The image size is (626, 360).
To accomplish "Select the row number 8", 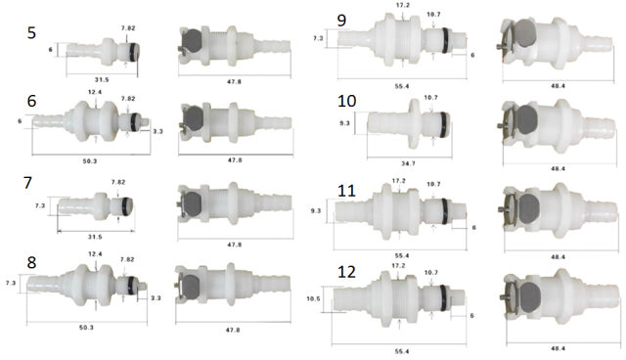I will pos(33,264).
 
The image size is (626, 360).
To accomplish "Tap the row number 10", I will pos(347,101).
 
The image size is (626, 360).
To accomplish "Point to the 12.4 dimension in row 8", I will pos(94,254).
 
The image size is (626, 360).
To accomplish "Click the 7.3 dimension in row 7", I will pos(38,207).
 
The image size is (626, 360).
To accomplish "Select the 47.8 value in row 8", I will pos(234,331).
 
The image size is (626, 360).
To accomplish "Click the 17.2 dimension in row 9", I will pos(401,6).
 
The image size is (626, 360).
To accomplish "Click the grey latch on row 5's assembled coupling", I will pos(194,41).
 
